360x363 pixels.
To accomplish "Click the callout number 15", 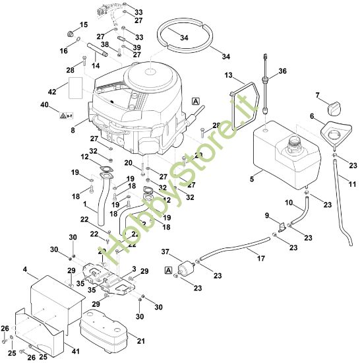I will click(x=83, y=24).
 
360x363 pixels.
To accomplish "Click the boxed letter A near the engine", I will click(x=195, y=100).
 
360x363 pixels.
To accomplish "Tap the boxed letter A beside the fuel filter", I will click(x=169, y=269).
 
